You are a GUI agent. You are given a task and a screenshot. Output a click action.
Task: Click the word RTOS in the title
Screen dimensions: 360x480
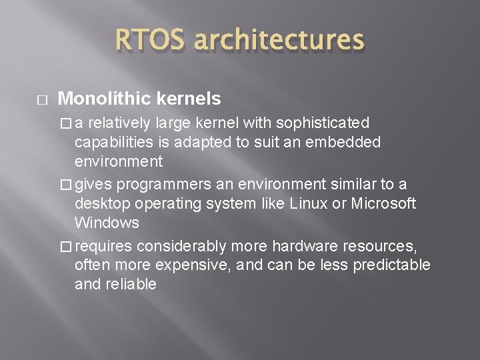pos(148,41)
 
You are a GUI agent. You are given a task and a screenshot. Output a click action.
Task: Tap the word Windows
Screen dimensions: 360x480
pos(107,222)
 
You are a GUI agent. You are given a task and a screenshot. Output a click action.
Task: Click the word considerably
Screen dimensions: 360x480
pos(174,247)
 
